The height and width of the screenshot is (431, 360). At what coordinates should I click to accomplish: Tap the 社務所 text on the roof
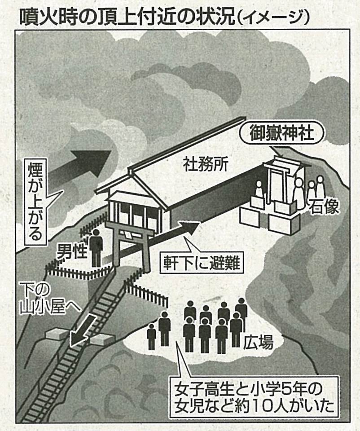205,165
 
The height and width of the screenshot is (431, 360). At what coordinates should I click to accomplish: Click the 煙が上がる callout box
37,202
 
